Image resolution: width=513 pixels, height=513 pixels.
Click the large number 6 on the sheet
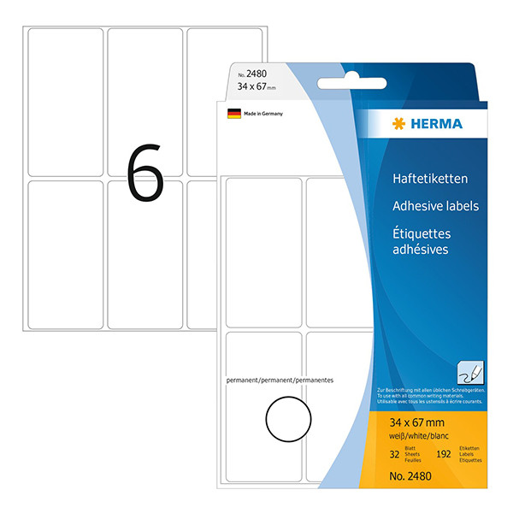(144, 174)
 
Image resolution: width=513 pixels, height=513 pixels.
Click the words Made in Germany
(262, 113)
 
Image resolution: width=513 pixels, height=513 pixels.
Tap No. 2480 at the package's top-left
(245, 74)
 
